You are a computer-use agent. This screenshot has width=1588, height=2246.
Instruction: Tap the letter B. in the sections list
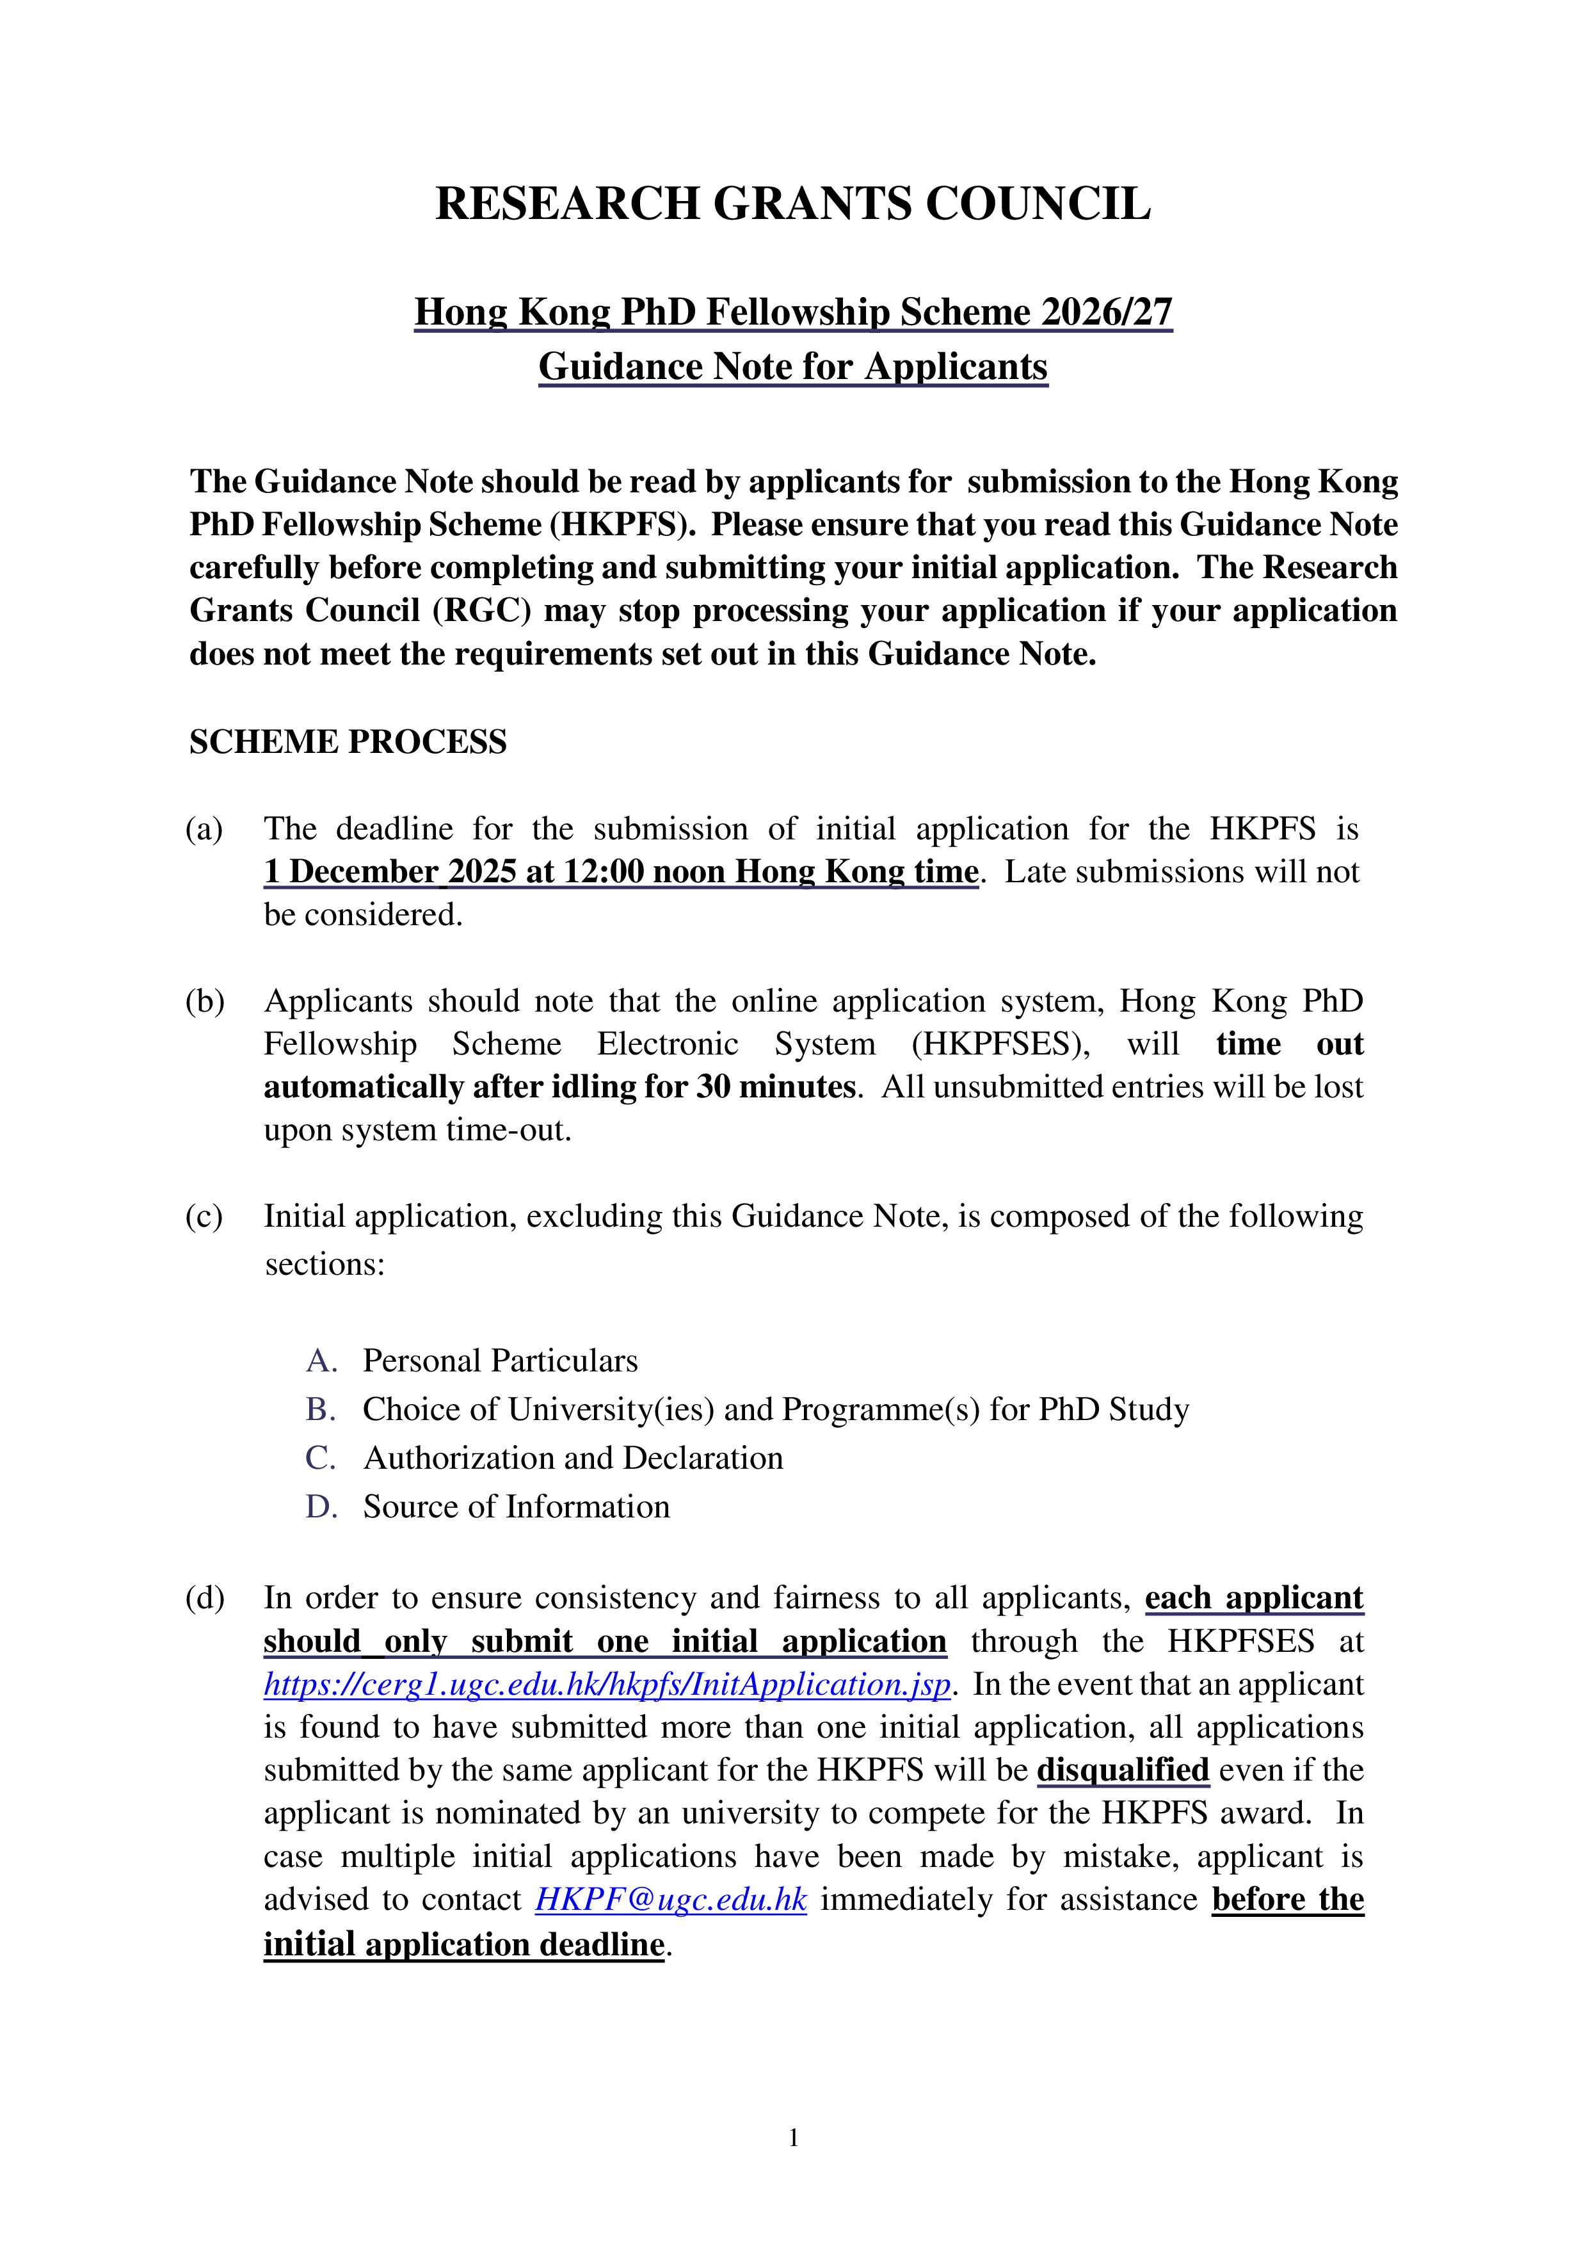(321, 1410)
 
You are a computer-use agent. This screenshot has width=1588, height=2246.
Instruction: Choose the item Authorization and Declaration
(573, 1458)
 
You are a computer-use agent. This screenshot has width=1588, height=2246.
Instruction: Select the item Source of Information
(517, 1507)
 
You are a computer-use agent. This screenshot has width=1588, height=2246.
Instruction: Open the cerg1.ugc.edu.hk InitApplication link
(606, 1684)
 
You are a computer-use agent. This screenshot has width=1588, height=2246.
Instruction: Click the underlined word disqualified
(1123, 1770)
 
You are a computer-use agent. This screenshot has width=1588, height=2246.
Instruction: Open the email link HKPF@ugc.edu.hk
(671, 1899)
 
